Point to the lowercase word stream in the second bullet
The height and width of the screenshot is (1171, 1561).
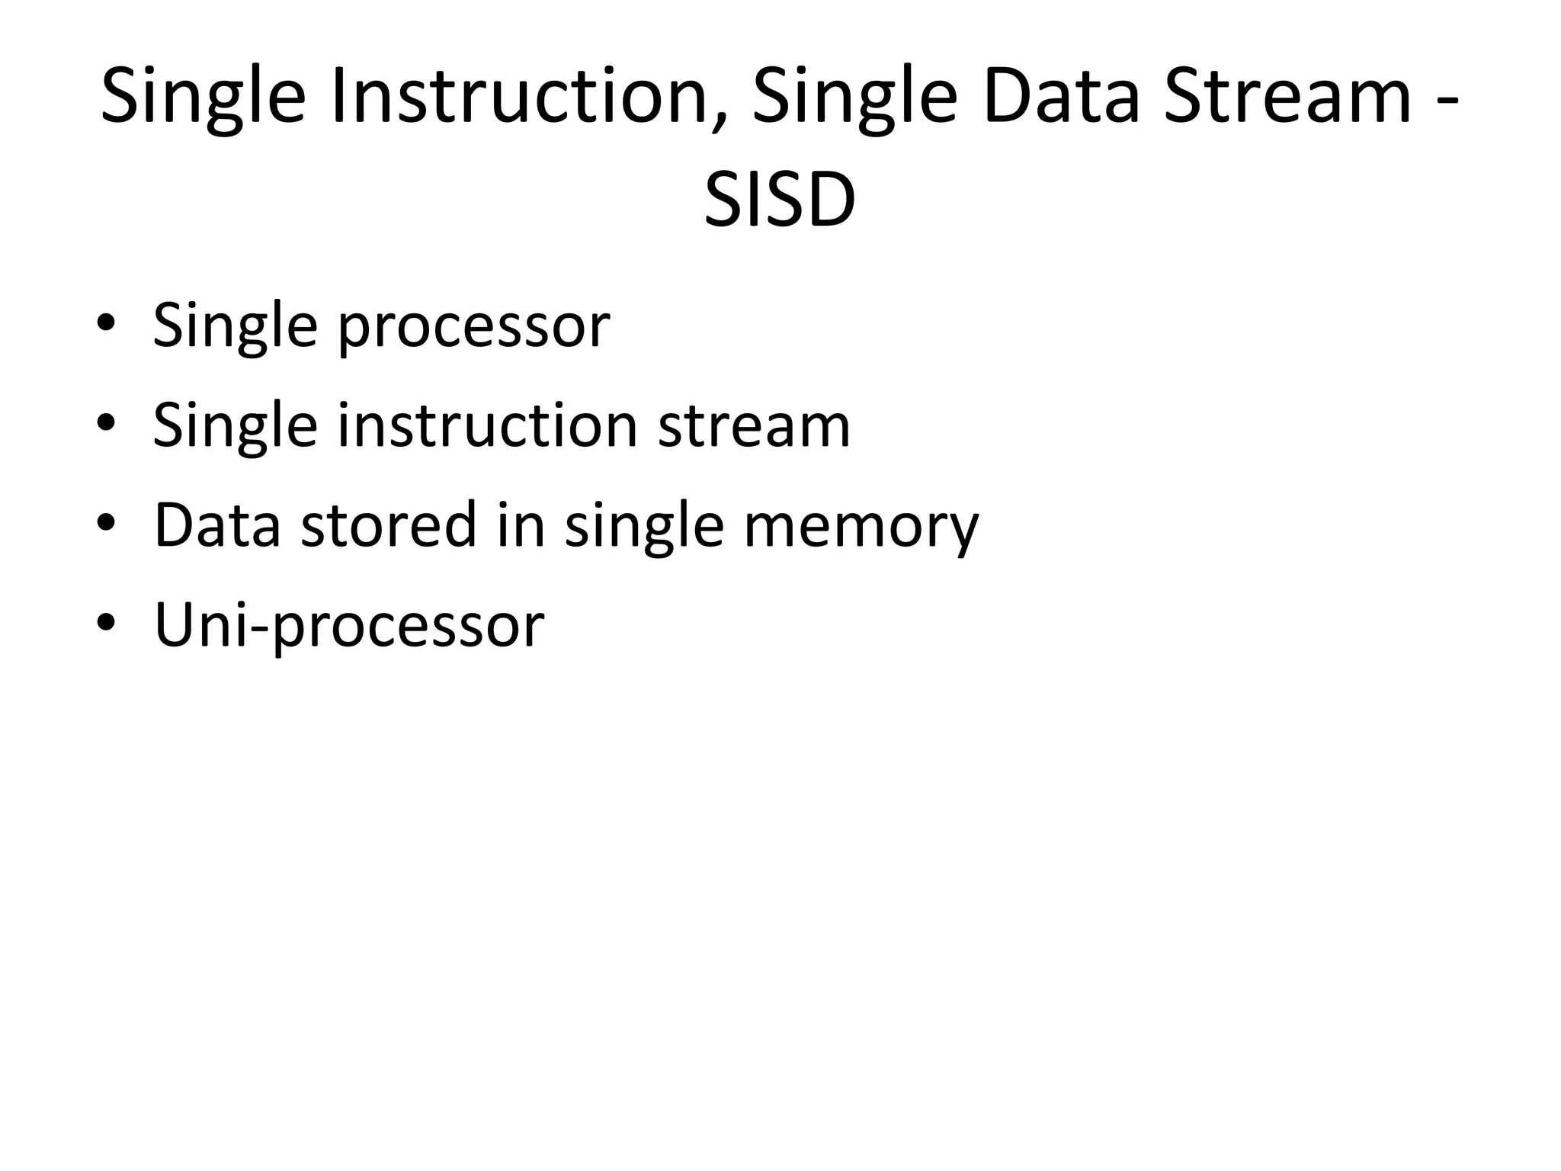[x=754, y=427]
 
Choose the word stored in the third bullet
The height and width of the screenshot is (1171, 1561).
[x=389, y=525]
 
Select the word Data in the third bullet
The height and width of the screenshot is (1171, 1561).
[x=217, y=525]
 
